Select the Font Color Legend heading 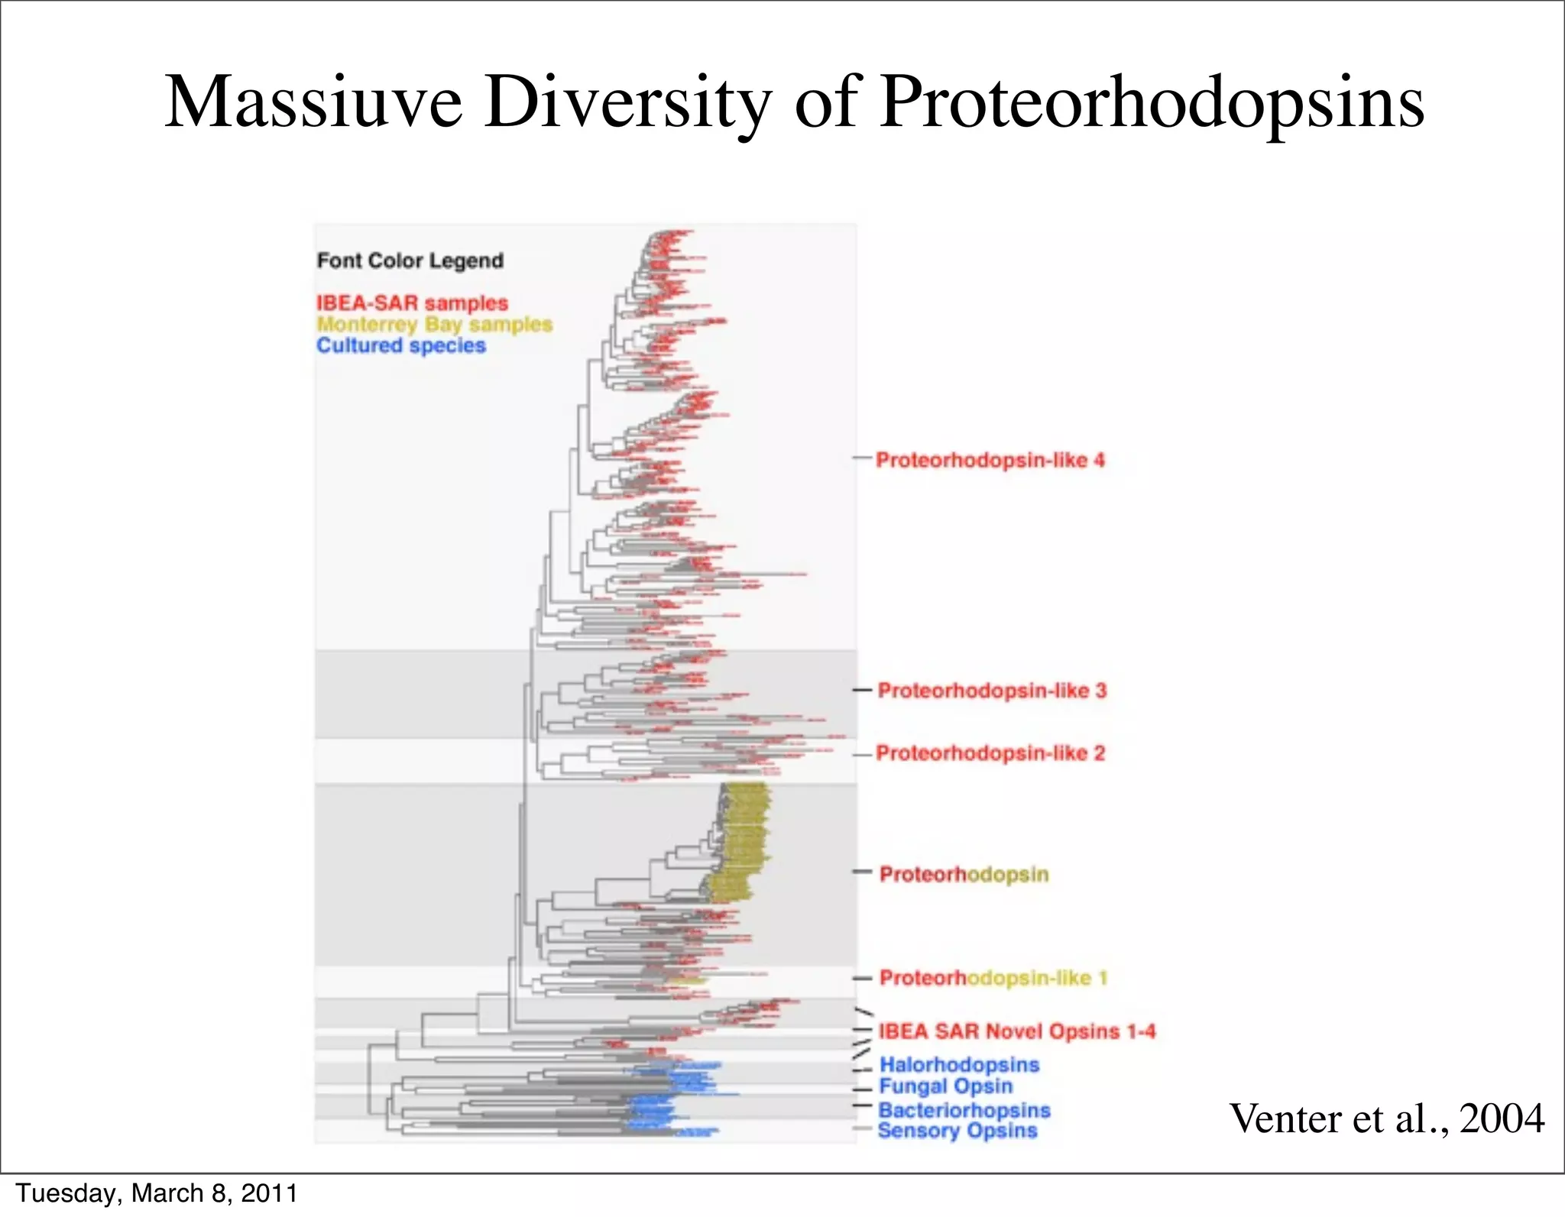(x=410, y=261)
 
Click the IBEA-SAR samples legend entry (x=413, y=303)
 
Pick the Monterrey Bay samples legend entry (x=434, y=324)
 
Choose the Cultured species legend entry (x=401, y=345)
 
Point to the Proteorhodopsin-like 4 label (x=990, y=460)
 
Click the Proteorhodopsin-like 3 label (x=991, y=691)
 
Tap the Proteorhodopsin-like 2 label (x=990, y=753)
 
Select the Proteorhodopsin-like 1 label (x=993, y=978)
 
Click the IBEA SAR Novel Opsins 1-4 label (x=1016, y=1031)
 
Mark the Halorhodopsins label (x=959, y=1064)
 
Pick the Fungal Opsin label (x=945, y=1086)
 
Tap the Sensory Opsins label (x=957, y=1131)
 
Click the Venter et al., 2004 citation (x=1386, y=1118)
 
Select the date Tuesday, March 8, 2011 (x=157, y=1193)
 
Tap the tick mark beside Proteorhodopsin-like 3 (x=862, y=690)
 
